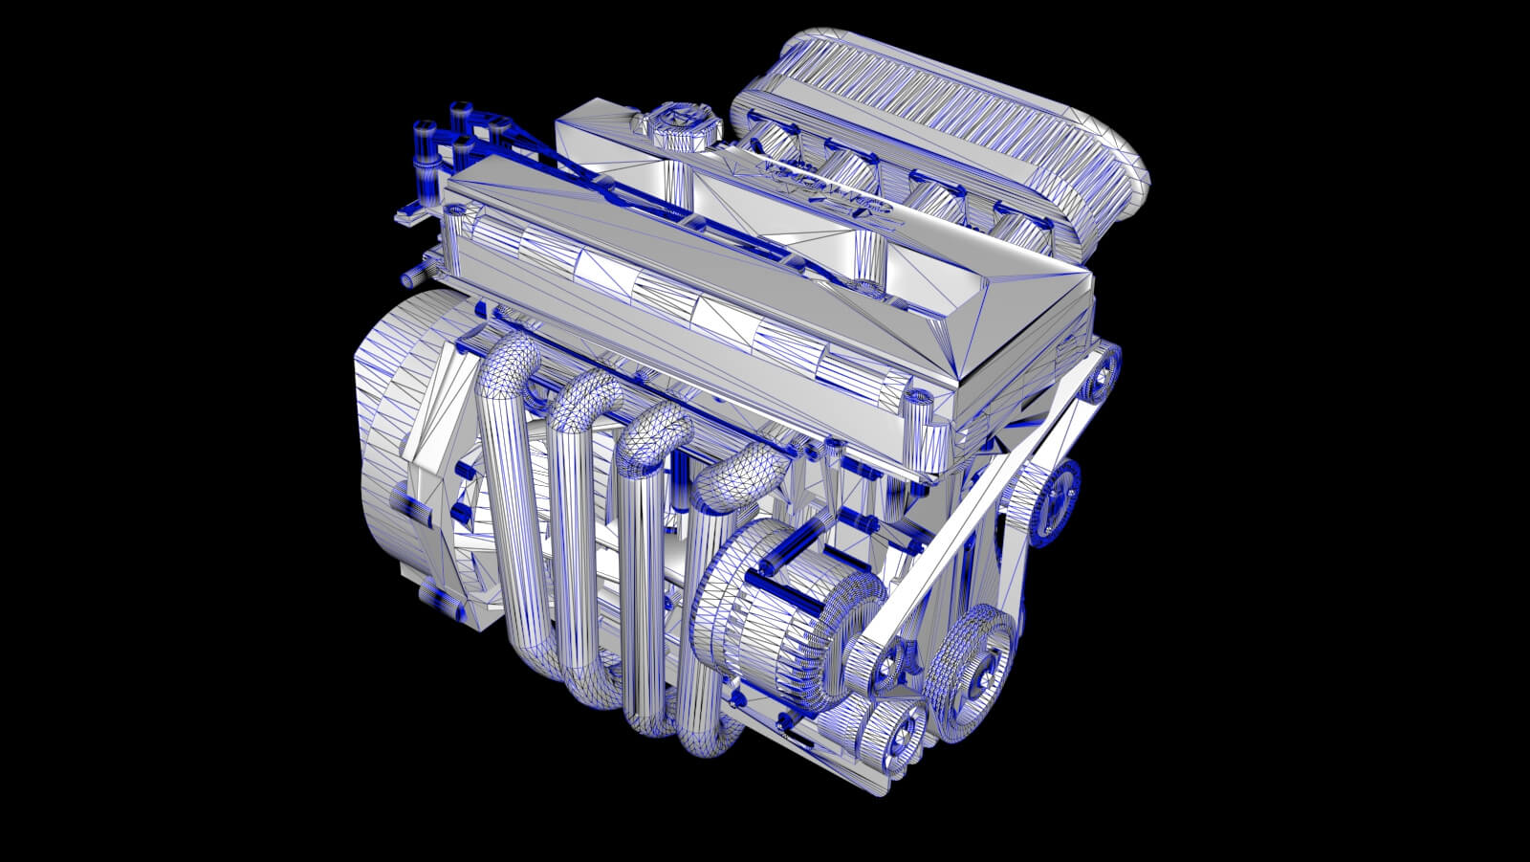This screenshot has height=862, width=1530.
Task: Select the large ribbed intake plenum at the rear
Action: click(966, 115)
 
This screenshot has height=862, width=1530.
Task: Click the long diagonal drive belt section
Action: click(985, 497)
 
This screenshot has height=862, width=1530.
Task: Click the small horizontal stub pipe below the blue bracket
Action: click(411, 277)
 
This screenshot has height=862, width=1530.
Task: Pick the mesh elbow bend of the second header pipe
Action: click(584, 392)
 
